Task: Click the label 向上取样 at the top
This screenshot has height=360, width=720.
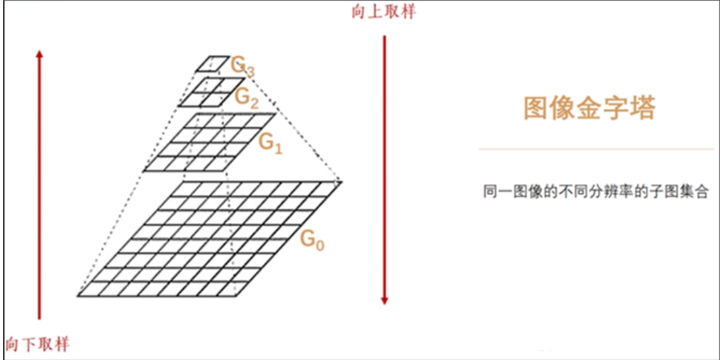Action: pyautogui.click(x=384, y=12)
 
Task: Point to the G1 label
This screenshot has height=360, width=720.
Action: pyautogui.click(x=270, y=142)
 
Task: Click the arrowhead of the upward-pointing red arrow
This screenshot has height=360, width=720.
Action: pyautogui.click(x=40, y=54)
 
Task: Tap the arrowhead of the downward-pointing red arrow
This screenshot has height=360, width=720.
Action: pyautogui.click(x=384, y=300)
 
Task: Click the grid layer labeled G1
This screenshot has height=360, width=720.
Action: pyautogui.click(x=208, y=142)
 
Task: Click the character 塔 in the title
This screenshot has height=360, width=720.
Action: pyautogui.click(x=642, y=108)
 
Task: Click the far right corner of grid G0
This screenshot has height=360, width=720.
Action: pyautogui.click(x=342, y=181)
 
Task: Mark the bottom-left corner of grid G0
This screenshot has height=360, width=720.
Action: pyautogui.click(x=78, y=296)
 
